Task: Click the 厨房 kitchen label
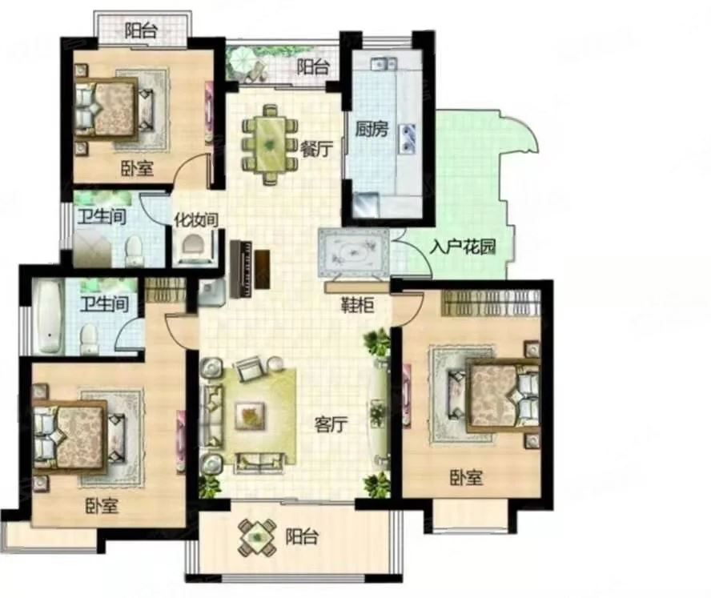372,129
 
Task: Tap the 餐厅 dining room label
316,149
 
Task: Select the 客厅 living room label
331,424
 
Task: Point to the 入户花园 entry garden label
463,247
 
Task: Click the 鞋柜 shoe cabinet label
358,306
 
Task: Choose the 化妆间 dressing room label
196,220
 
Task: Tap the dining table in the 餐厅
271,144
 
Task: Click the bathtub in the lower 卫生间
49,316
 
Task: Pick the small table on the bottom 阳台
257,538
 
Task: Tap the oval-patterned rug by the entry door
354,252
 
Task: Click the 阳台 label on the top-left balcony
141,31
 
